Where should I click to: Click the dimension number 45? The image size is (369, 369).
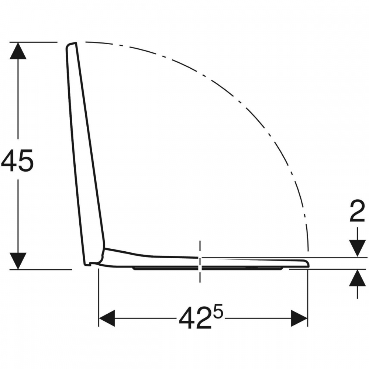pos(17,161)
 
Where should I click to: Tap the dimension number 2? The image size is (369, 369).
pos(357,211)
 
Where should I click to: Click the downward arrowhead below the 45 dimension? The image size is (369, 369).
pos(18,261)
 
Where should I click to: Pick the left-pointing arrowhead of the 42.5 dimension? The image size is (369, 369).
pos(107,318)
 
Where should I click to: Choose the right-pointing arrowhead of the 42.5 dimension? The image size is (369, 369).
pos(299,318)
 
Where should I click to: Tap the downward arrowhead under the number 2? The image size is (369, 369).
pos(358,248)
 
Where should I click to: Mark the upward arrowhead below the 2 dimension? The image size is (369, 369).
pos(358,278)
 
